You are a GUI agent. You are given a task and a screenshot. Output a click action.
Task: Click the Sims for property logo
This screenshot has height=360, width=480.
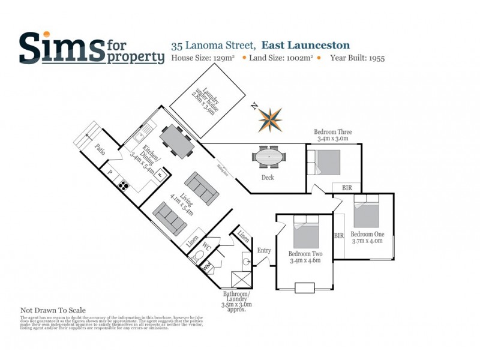pyautogui.click(x=91, y=47)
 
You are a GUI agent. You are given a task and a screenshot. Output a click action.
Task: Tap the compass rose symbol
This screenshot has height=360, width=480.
pyautogui.click(x=269, y=119)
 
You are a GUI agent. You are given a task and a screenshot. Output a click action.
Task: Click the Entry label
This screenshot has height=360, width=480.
pyautogui.click(x=264, y=250)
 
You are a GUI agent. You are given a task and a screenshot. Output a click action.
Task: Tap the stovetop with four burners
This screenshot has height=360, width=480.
pyautogui.click(x=124, y=185)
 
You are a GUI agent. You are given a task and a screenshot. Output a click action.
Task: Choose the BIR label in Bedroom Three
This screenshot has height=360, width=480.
pyautogui.click(x=347, y=188)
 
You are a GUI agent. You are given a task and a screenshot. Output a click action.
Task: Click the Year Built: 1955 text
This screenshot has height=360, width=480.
pyautogui.click(x=357, y=58)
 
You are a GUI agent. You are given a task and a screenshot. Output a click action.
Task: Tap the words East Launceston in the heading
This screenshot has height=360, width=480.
pyautogui.click(x=305, y=45)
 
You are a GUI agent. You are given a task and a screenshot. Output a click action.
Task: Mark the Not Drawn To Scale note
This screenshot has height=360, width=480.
pyautogui.click(x=53, y=310)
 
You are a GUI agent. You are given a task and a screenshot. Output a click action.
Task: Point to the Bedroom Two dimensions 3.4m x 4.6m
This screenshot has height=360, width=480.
pyautogui.click(x=305, y=261)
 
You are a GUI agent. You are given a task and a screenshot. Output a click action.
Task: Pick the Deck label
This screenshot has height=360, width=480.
pyautogui.click(x=268, y=178)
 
